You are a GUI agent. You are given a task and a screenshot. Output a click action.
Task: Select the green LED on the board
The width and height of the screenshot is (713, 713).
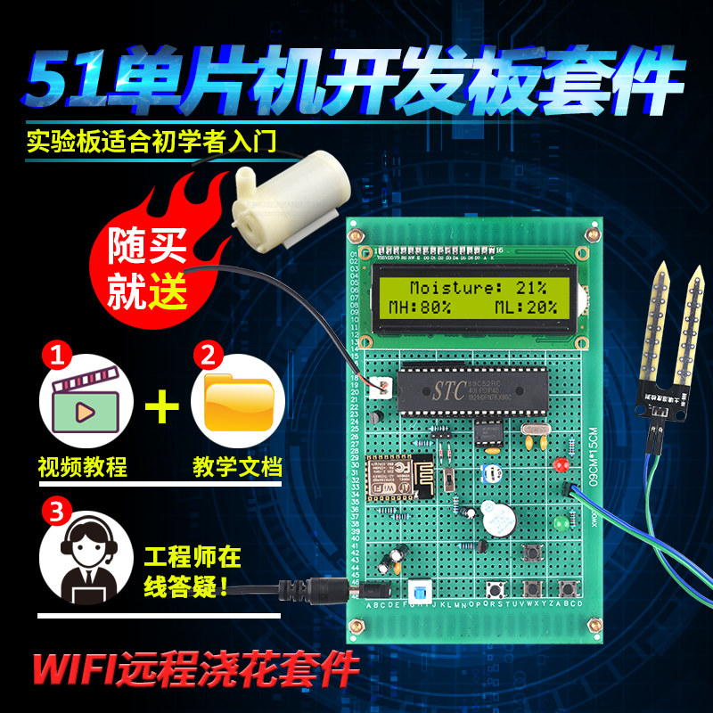[x=561, y=523]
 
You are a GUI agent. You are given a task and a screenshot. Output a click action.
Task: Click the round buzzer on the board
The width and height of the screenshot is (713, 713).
[x=488, y=518]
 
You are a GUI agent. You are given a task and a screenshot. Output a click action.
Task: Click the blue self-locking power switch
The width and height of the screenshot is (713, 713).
[x=418, y=593]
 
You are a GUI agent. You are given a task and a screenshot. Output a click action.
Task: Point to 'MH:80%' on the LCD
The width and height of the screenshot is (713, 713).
[x=420, y=307]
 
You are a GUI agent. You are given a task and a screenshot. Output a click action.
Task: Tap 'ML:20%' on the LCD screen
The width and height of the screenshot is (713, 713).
[x=526, y=307]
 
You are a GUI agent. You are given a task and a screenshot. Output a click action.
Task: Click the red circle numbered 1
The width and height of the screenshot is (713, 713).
[x=56, y=357]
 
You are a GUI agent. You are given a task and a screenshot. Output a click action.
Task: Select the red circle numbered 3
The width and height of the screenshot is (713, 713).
[x=56, y=512]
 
